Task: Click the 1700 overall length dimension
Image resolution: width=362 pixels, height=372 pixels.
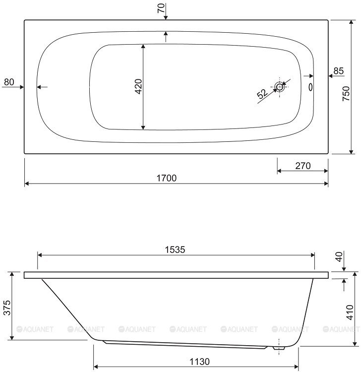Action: pos(167,178)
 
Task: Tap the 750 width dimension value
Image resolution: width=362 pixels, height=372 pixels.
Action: pos(346,93)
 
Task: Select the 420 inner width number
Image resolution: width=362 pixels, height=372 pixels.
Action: pos(138,86)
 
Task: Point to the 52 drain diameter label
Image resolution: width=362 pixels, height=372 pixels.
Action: pos(262,94)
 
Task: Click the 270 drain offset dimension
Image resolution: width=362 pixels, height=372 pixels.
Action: pos(303,166)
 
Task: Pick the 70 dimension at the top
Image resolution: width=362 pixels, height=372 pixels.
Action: pos(161,8)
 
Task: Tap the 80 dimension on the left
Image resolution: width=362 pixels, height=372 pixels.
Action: pos(9,82)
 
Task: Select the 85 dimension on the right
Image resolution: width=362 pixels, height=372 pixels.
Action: pos(339,71)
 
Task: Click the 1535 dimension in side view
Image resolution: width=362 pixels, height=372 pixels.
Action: pos(175,249)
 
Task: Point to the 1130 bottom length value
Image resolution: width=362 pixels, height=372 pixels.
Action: pos(199,362)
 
